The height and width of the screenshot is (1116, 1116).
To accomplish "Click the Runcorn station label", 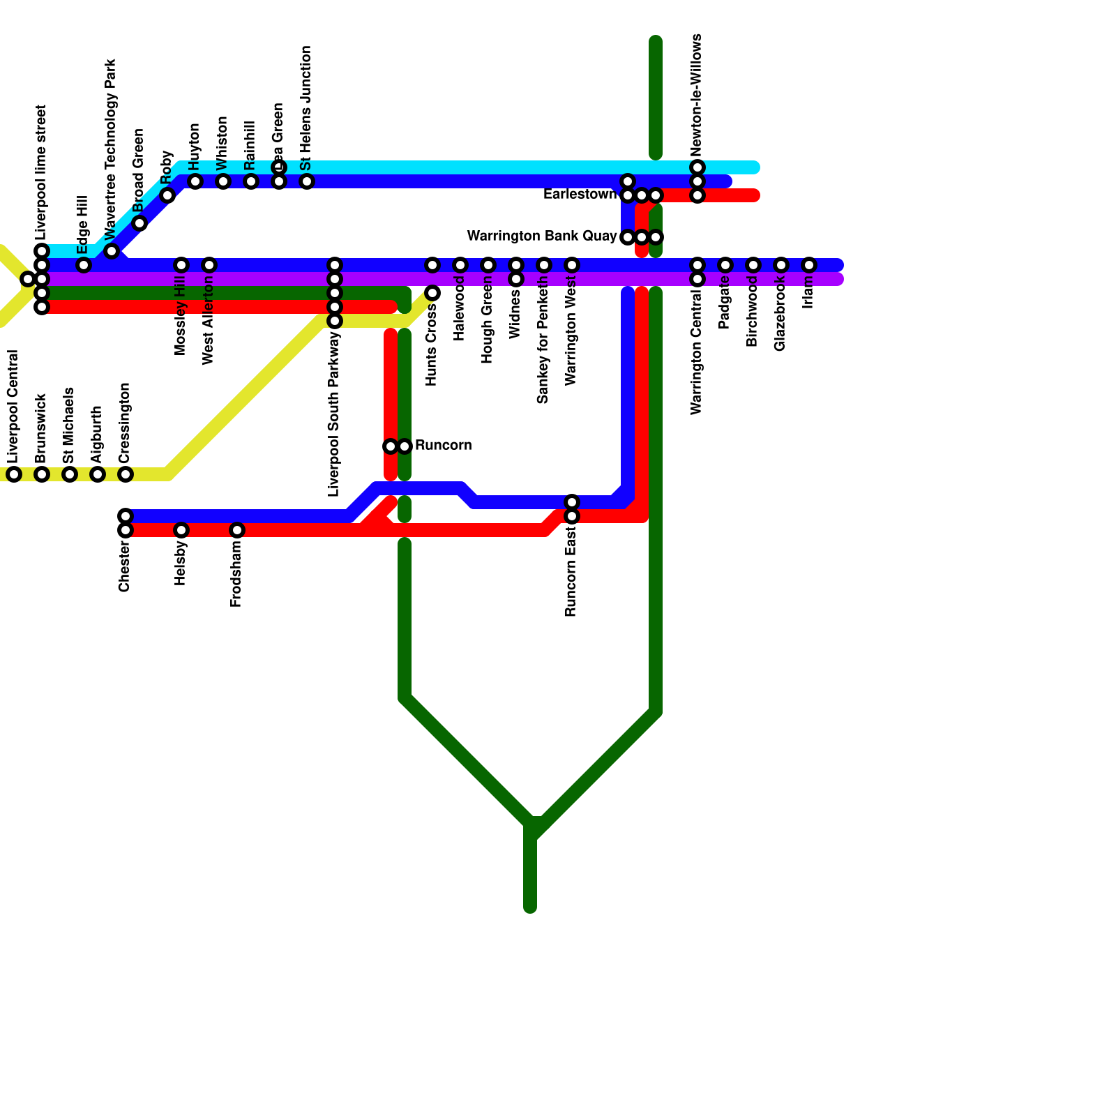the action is tap(443, 446).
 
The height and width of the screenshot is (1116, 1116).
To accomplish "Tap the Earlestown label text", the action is tap(580, 195).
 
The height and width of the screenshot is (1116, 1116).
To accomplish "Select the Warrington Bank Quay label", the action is tap(541, 236).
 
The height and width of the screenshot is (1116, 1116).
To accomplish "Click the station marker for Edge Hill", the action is tap(84, 265).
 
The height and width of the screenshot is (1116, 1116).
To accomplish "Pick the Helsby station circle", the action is tap(181, 530).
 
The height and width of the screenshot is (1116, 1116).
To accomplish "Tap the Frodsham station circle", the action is tap(237, 530).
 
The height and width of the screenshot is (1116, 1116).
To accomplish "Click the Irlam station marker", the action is tap(809, 265).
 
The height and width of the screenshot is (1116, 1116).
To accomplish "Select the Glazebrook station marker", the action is tap(781, 265).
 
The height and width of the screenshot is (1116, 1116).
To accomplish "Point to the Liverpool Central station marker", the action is tap(14, 474).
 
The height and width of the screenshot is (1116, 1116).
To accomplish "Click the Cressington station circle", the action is tap(126, 474).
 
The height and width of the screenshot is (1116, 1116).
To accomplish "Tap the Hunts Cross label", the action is tap(432, 345).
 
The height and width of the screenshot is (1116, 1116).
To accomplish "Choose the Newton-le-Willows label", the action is tap(696, 96).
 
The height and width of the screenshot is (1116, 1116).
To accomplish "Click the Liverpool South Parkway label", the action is tap(334, 414).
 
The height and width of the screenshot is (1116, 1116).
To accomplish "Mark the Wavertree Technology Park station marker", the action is tap(112, 251).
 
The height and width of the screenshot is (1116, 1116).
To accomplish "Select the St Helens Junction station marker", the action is tap(307, 181).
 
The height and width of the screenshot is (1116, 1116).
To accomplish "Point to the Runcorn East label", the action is tap(571, 572).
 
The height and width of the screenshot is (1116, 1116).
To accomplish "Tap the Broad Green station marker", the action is tap(139, 223).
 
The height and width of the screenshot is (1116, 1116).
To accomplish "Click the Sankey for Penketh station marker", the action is tap(544, 265).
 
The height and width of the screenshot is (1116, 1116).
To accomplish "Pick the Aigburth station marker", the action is tap(98, 474).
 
